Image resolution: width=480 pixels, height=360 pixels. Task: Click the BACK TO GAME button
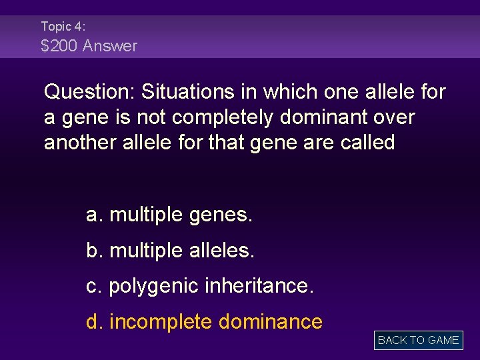[418, 340]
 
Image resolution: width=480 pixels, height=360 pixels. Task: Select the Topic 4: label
[63, 26]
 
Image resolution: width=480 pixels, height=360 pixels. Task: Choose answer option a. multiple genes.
[169, 215]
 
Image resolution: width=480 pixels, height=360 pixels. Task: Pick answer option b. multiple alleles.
[171, 251]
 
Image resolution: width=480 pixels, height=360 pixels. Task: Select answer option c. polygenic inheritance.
[199, 287]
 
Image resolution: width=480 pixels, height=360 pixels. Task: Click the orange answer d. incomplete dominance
[205, 322]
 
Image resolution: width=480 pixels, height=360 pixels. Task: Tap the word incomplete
[160, 322]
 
